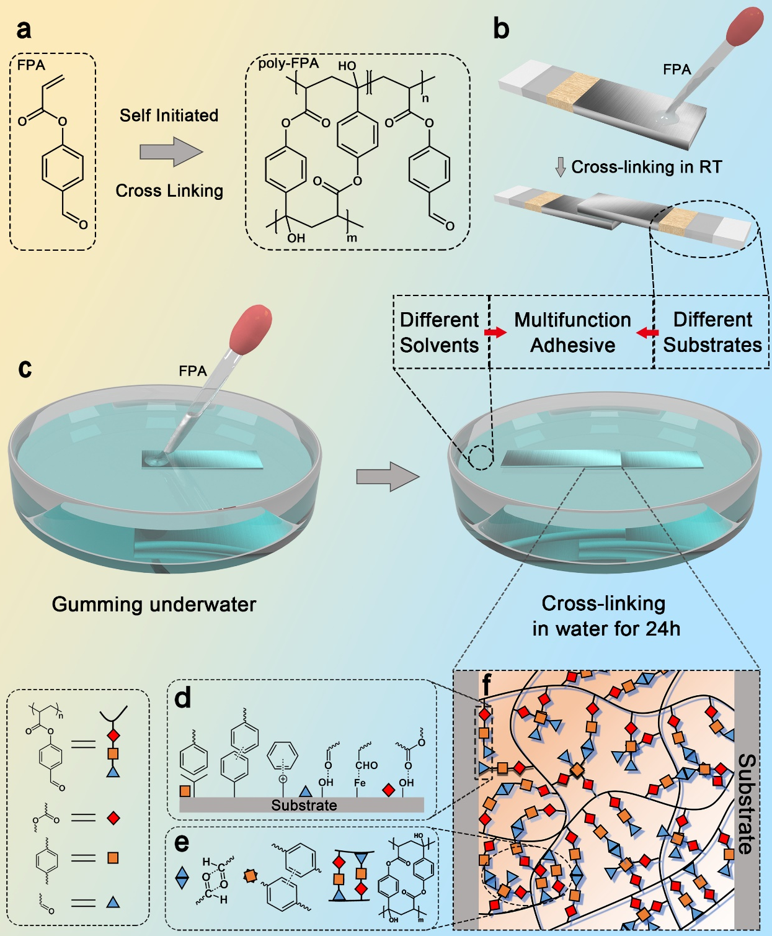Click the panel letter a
click(x=24, y=30)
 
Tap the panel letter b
click(x=501, y=29)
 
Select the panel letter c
click(x=25, y=368)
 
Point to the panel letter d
click(x=183, y=698)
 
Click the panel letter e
click(x=182, y=842)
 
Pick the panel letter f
click(x=487, y=685)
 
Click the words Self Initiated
click(x=169, y=115)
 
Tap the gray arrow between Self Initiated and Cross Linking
click(x=171, y=152)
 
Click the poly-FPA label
click(x=288, y=63)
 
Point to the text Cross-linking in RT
click(x=646, y=167)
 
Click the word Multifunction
click(x=572, y=320)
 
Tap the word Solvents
click(x=439, y=345)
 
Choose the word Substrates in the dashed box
click(x=712, y=345)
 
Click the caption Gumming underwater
click(x=154, y=604)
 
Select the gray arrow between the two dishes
click(x=388, y=476)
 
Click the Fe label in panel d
click(x=360, y=783)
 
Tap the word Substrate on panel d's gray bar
click(x=304, y=805)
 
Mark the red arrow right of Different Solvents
click(x=495, y=333)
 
